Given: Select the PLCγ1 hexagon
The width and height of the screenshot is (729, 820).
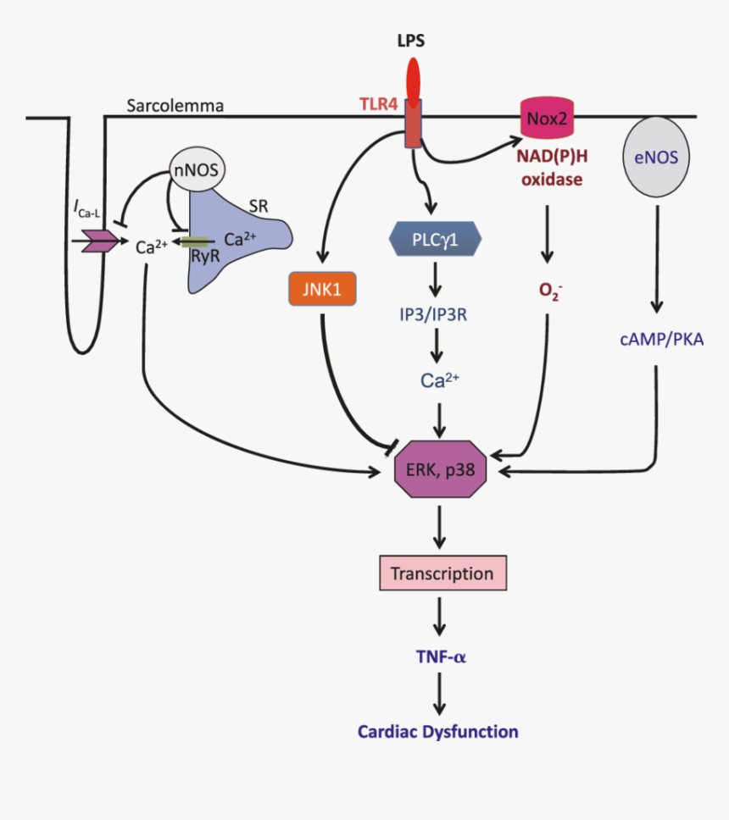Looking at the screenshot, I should point(435,239).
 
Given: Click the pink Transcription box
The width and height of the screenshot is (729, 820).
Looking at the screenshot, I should point(442,573).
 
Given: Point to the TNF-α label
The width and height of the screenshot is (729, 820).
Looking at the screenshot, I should point(437,657).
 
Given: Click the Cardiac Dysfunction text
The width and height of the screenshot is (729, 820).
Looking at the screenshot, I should point(437,732).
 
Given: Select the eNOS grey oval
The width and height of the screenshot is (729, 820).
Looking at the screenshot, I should point(656,155).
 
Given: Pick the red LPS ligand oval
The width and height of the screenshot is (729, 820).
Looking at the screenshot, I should point(413,78).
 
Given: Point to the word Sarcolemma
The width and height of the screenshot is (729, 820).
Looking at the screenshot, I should point(175,106).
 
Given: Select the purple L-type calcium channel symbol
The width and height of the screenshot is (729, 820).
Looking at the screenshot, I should point(99,242).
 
